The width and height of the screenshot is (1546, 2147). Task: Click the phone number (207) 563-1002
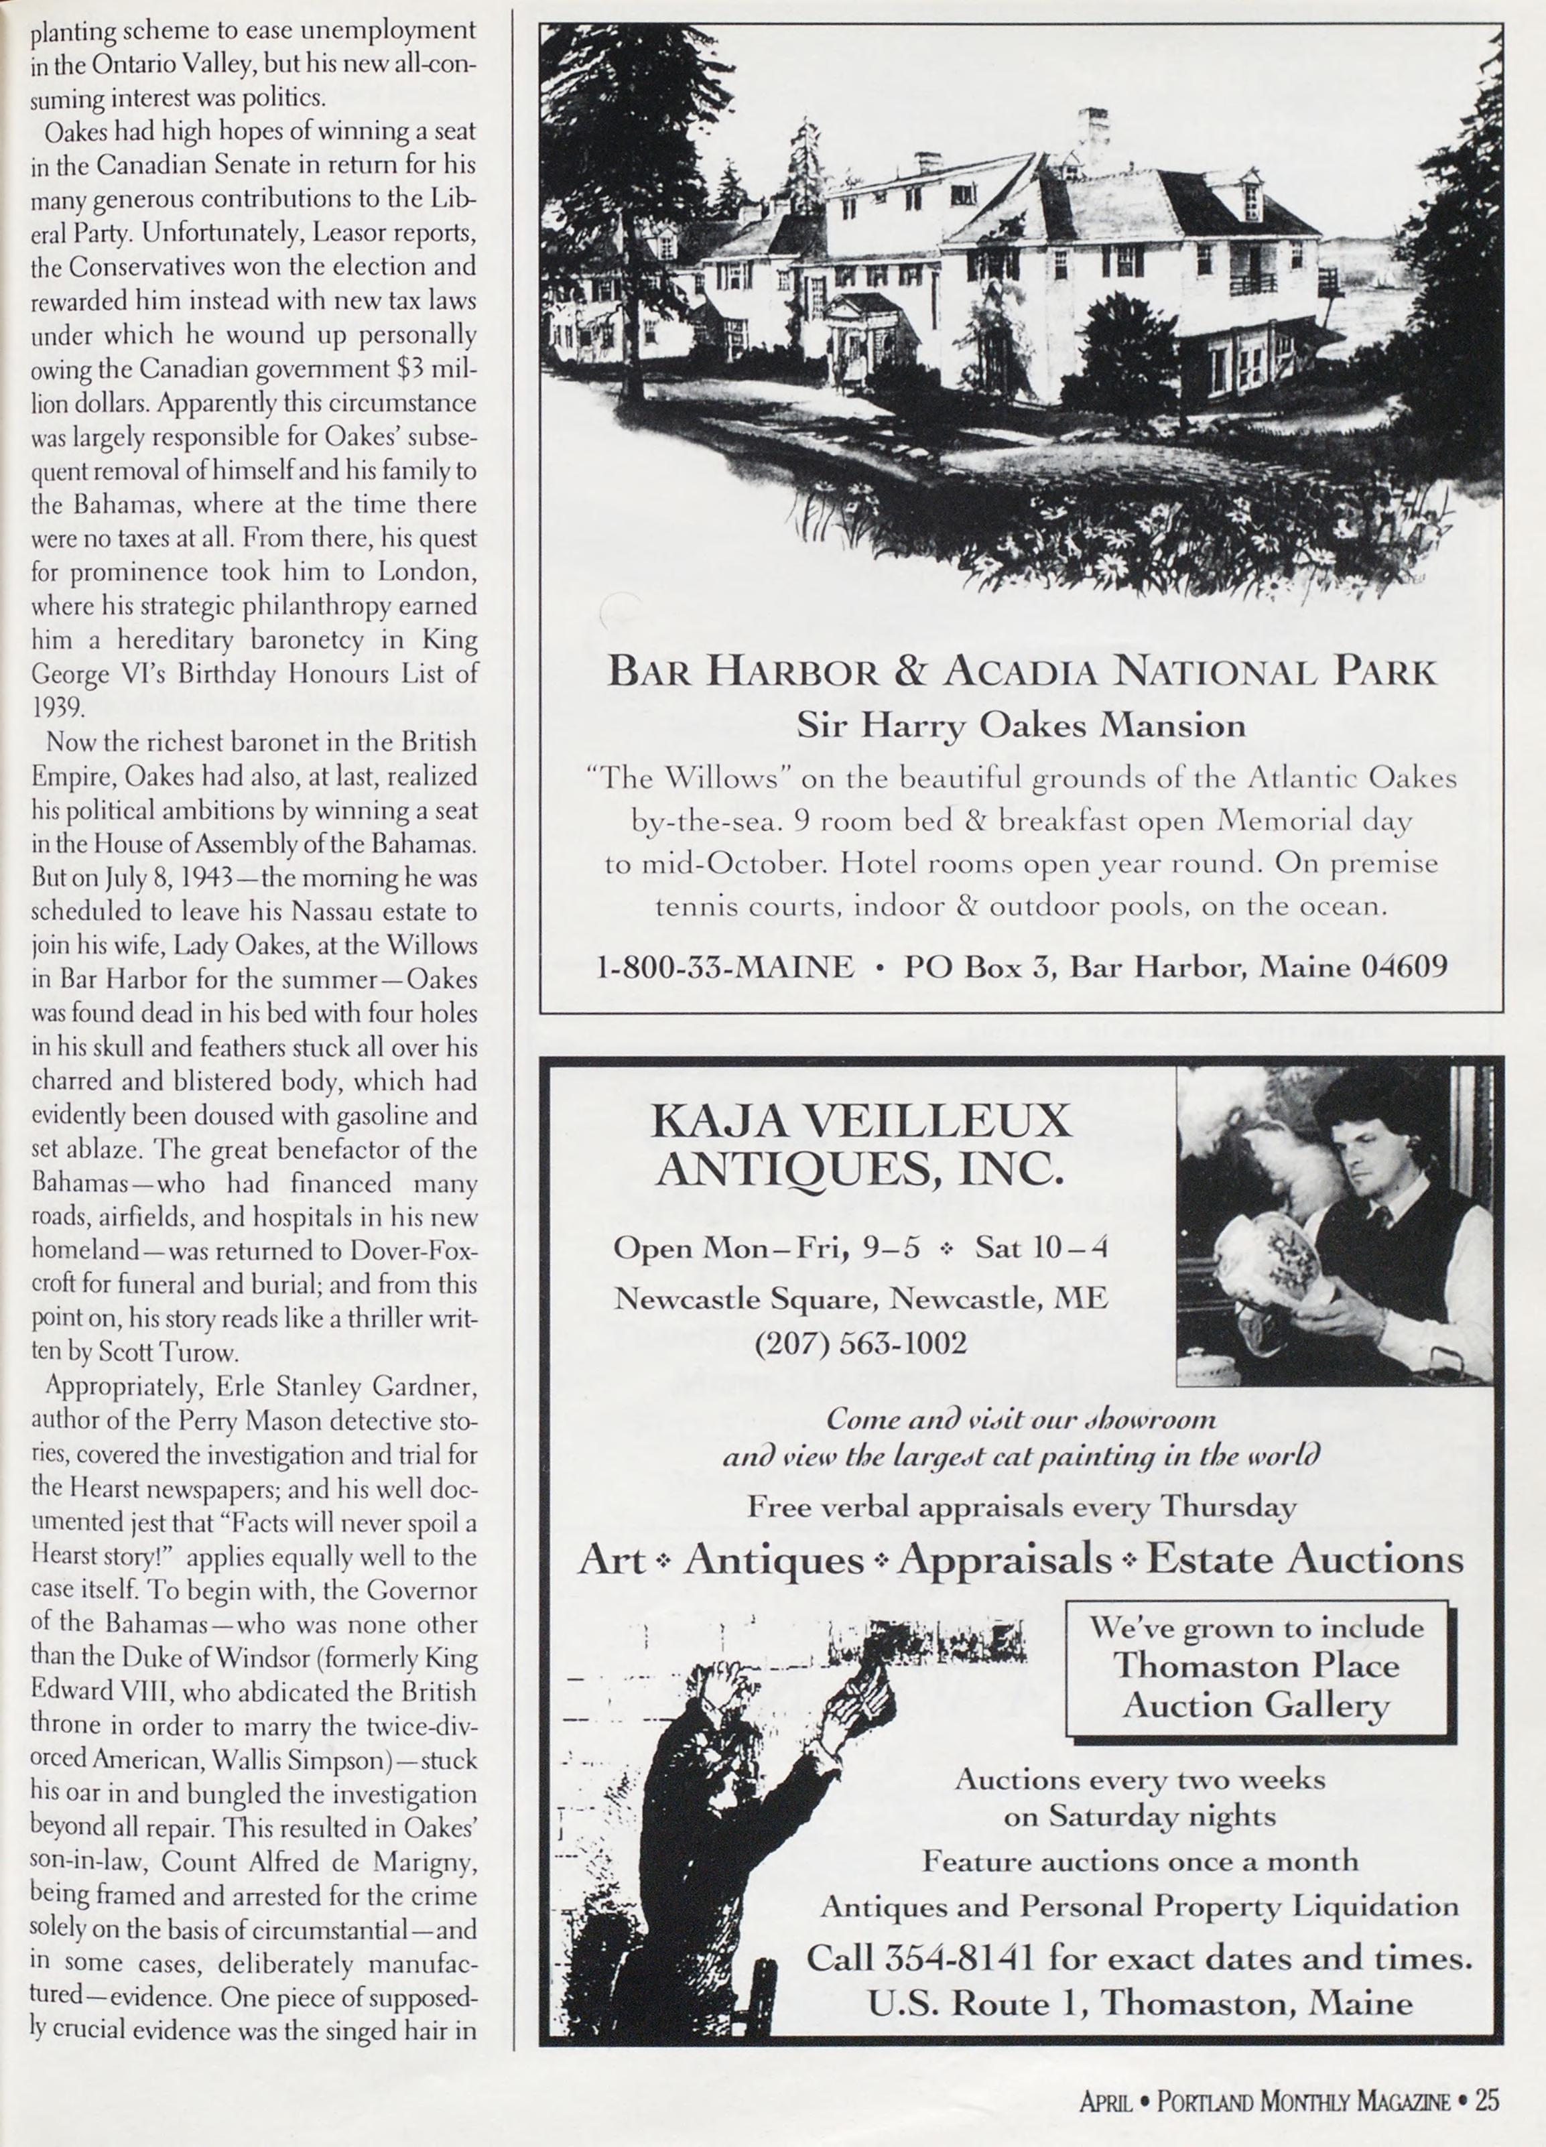point(860,1342)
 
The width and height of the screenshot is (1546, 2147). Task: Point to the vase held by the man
point(1264,1268)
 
